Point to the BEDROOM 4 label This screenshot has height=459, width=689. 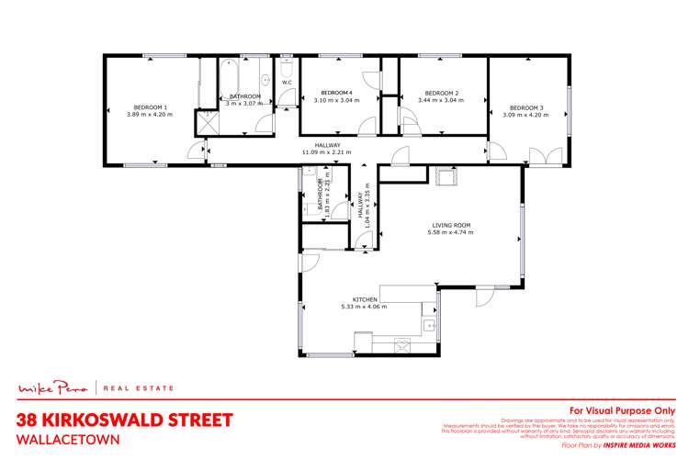point(336,93)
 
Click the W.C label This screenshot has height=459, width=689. point(287,83)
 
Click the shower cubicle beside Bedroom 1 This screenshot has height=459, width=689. point(203,122)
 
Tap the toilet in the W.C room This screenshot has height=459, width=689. point(287,70)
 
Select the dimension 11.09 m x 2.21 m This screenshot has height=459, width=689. point(327,151)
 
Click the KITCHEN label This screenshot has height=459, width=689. point(366,299)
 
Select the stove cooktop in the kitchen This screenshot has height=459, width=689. point(405,345)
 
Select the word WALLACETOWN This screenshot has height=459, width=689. point(70,439)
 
